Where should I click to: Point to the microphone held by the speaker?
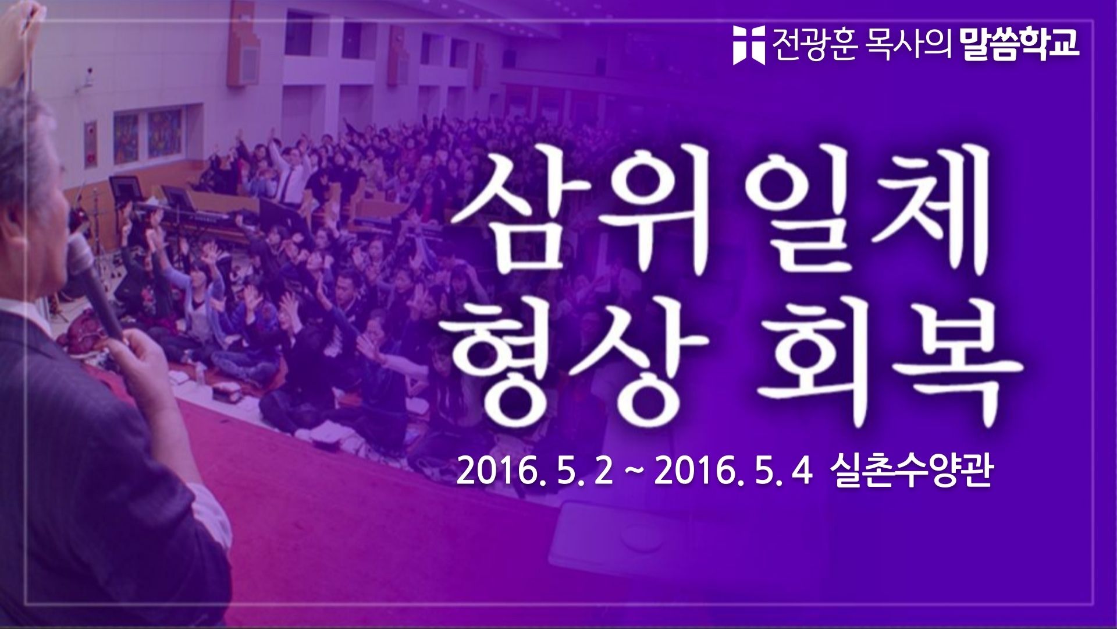click(96, 280)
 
